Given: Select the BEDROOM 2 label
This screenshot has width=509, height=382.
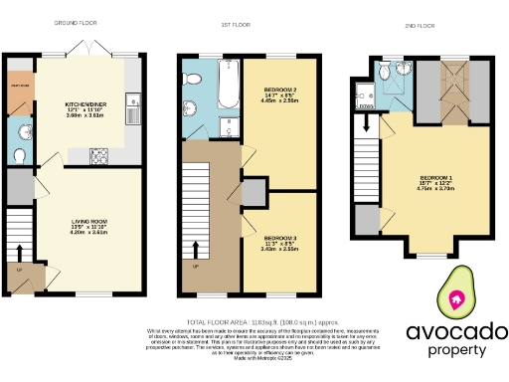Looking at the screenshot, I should coord(280,94).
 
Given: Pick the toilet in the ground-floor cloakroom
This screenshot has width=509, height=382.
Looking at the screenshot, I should coord(20,154).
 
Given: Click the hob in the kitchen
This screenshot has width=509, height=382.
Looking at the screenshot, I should coord(100,155).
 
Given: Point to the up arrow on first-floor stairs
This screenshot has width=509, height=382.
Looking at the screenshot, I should coord(195,248).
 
